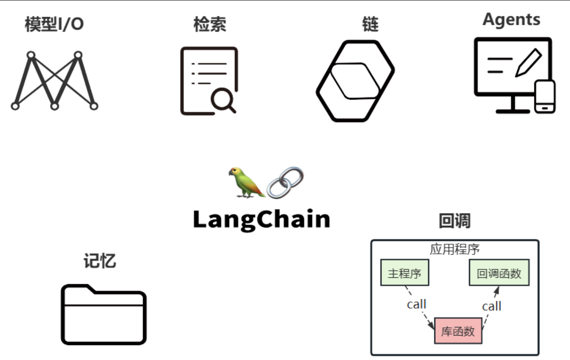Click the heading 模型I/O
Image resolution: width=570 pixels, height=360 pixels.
coord(54,25)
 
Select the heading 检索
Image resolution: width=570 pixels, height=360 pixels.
coord(209,25)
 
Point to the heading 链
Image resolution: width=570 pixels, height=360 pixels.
coord(370,25)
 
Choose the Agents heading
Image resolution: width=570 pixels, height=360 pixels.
coord(511,19)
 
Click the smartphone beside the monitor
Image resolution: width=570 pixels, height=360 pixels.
coord(545,96)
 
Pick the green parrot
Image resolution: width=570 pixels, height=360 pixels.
coord(245,183)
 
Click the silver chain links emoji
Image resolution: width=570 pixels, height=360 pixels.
coord(285,183)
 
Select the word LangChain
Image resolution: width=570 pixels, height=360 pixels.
coord(262,219)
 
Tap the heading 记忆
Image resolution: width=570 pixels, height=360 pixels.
coord(100,261)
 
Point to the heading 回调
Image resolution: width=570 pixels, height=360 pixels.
coord(455,221)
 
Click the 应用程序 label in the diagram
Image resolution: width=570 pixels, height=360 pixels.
coord(455,249)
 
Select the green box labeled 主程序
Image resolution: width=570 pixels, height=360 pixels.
coord(404,273)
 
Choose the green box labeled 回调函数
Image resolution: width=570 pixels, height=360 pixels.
coord(499,273)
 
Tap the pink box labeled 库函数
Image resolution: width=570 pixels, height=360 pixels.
coord(458,331)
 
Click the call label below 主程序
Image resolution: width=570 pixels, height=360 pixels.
coord(416,304)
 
